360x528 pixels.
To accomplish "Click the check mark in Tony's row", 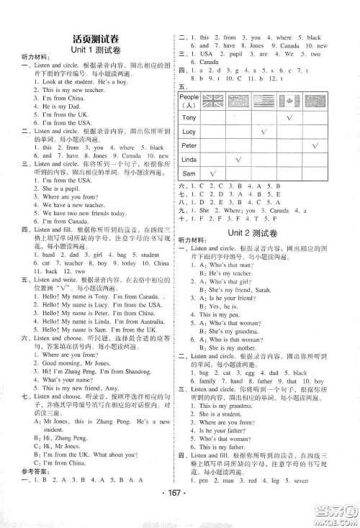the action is pos(289,117).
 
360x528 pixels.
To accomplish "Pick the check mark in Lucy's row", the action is pos(264,132).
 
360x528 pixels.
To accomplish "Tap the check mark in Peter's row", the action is pos(315,146).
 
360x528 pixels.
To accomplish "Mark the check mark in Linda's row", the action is pos(238,160).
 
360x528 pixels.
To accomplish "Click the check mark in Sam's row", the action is pos(212,174).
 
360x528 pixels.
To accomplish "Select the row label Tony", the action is pos(189,117).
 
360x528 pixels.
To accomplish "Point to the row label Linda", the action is pos(189,160).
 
